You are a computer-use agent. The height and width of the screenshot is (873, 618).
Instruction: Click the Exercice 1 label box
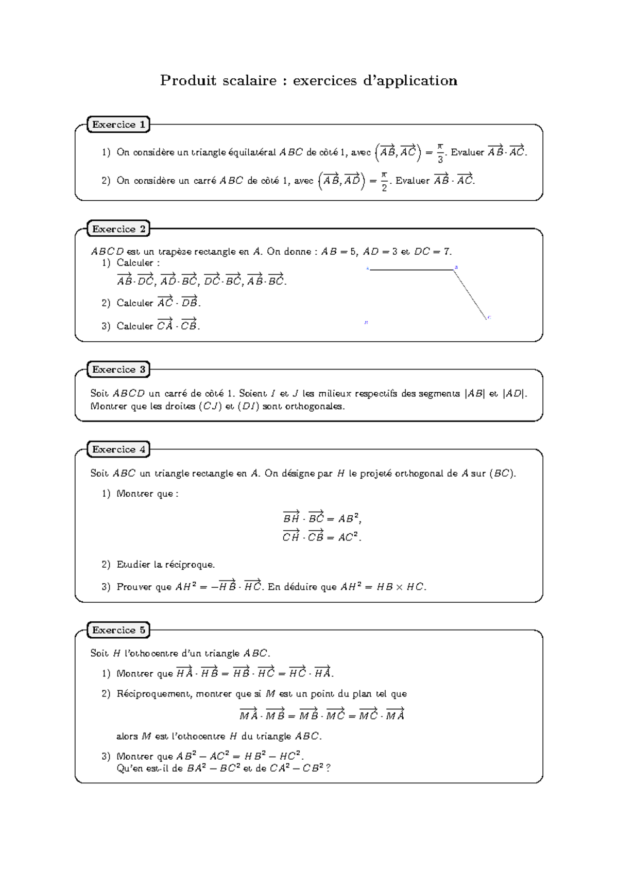118,125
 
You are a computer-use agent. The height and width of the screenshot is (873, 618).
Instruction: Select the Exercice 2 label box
118,229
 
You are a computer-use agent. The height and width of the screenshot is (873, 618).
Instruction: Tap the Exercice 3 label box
118,370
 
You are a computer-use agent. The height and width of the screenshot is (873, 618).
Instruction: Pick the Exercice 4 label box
118,449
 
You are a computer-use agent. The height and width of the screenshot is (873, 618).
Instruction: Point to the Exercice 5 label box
118,630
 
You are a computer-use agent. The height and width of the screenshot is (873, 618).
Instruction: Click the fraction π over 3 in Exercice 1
440,153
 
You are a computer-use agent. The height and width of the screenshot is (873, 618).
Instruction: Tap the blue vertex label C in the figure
489,318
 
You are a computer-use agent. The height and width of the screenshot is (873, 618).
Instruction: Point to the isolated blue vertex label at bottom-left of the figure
366,323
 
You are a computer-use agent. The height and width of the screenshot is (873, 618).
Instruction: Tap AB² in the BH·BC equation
349,518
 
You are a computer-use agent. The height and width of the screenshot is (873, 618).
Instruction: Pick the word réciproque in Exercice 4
189,565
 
